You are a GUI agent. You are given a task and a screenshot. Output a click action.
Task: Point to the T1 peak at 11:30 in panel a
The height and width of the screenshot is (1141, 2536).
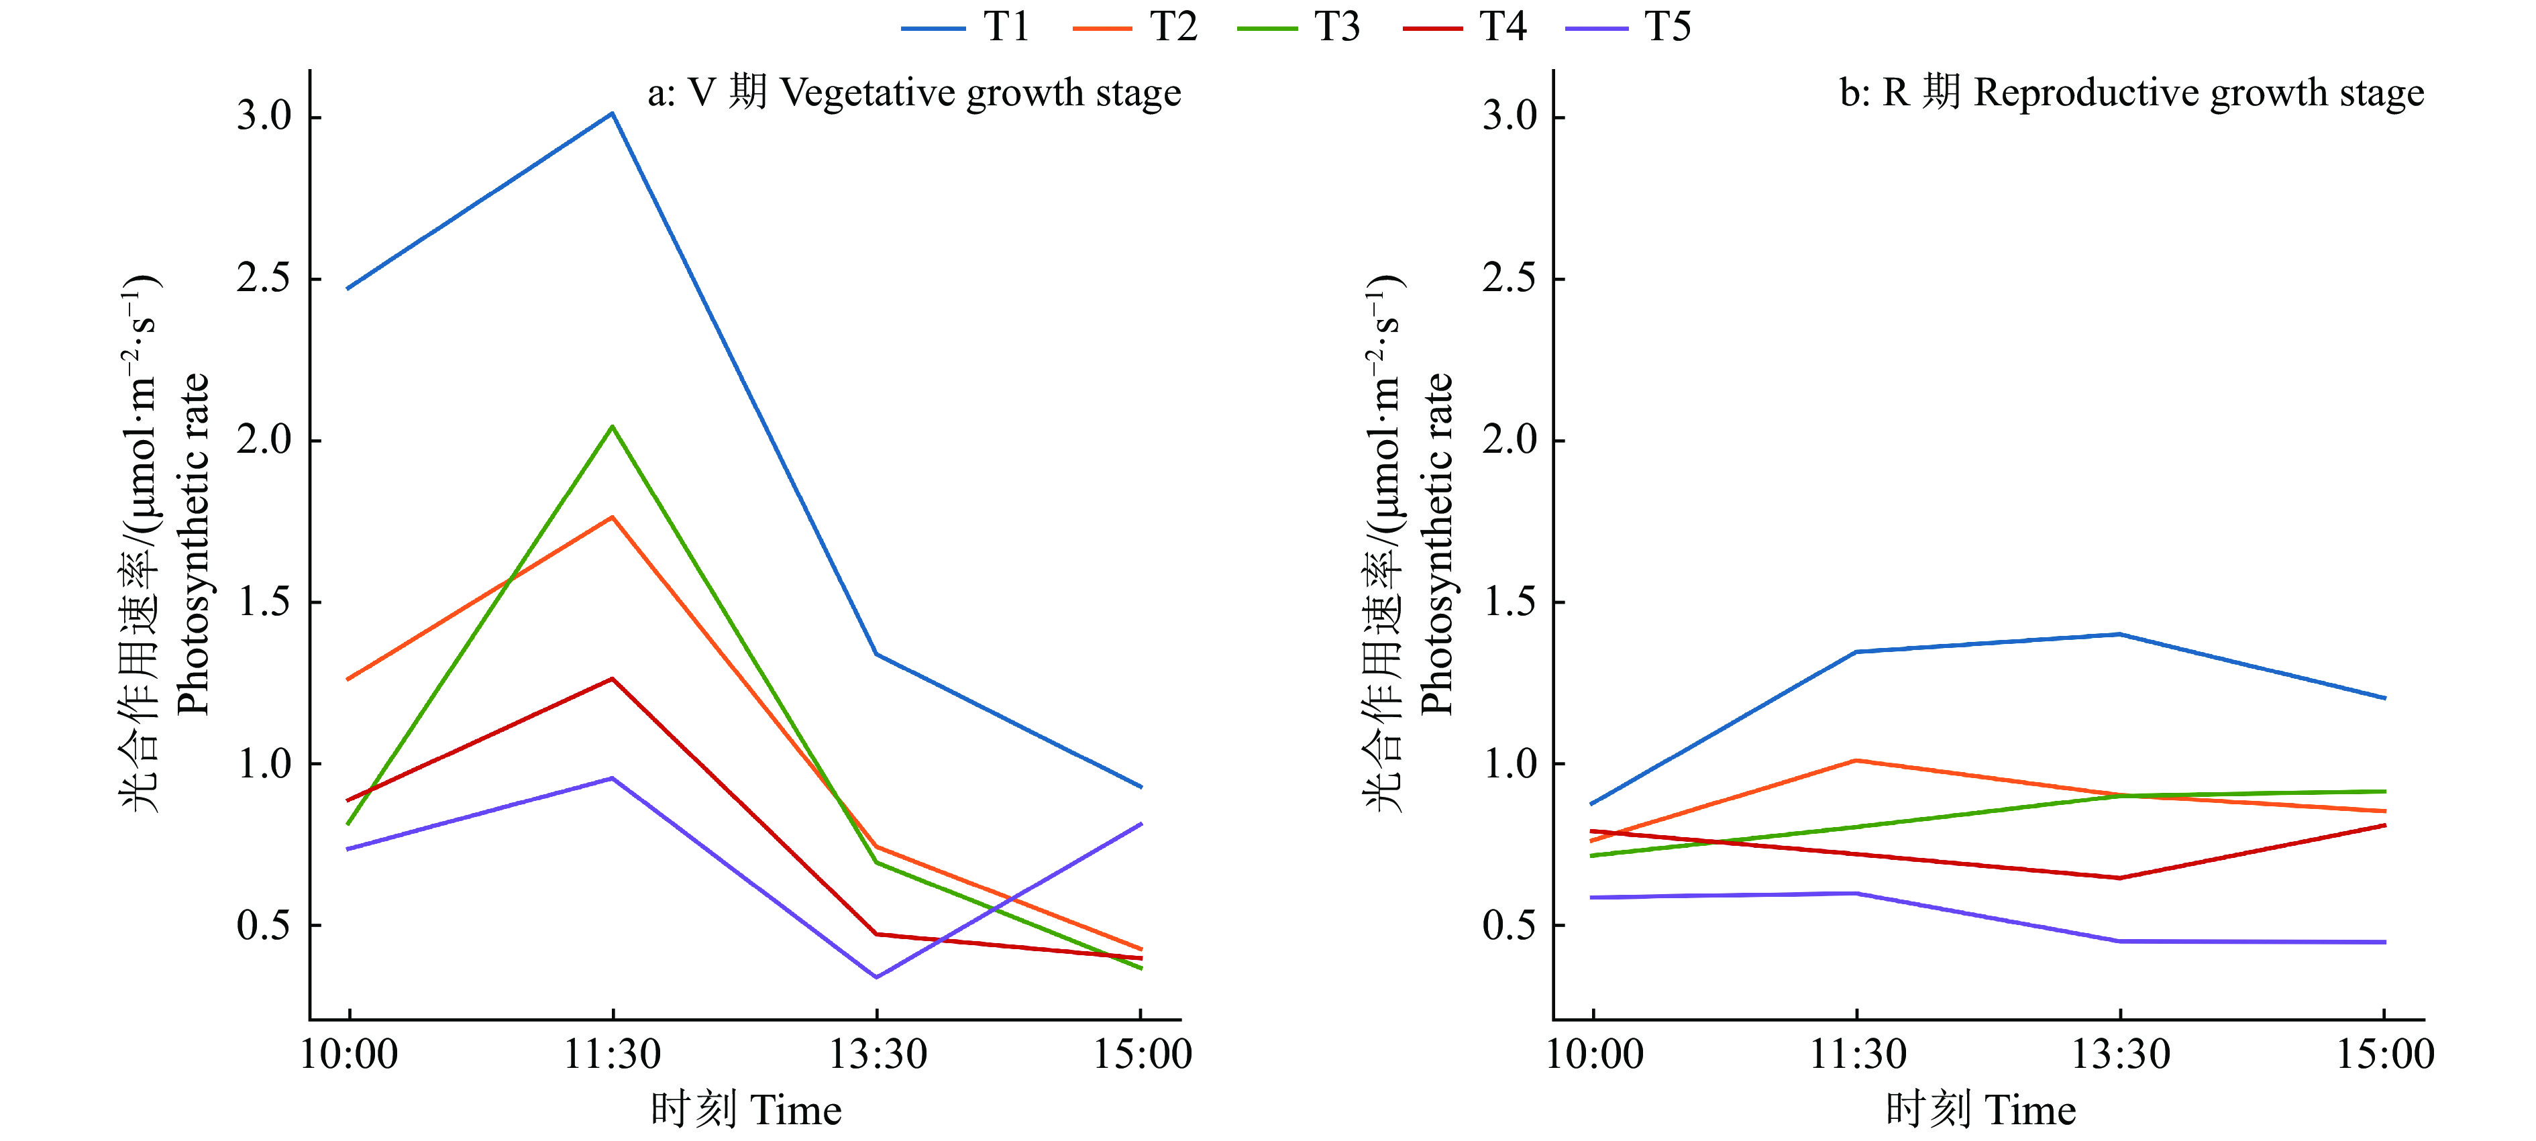click(x=613, y=113)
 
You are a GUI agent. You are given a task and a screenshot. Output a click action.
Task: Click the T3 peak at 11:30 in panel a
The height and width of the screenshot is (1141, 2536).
click(x=613, y=426)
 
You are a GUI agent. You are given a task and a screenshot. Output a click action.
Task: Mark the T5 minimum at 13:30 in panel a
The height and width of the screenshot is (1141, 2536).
click(x=876, y=977)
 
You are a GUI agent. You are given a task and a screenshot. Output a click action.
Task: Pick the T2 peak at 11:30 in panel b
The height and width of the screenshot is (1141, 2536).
click(x=1856, y=760)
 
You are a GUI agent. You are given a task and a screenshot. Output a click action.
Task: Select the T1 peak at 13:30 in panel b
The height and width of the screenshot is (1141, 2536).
click(x=2119, y=634)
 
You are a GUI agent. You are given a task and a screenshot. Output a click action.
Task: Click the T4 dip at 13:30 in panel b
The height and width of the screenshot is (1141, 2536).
click(x=2119, y=878)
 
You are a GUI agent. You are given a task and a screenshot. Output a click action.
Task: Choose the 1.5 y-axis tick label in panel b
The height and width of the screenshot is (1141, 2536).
click(x=1510, y=602)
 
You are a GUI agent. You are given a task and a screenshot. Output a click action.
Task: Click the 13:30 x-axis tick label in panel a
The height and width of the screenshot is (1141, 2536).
click(x=877, y=1054)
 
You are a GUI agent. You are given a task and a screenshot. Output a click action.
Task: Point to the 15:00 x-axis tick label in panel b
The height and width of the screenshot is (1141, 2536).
click(x=2384, y=1054)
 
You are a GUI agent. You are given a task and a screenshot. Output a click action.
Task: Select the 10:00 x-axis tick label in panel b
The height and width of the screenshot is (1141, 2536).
click(x=1594, y=1054)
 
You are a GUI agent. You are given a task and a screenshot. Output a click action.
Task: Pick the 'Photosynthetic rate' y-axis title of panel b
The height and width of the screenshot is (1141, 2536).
click(x=1437, y=543)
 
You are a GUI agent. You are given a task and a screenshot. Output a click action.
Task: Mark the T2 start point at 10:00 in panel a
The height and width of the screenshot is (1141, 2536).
click(x=348, y=680)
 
